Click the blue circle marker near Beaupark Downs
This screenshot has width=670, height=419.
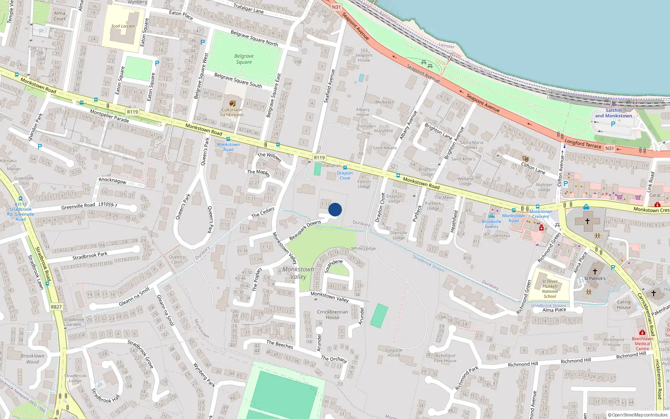[x=335, y=209]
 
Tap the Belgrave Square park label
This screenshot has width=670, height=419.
[x=244, y=59]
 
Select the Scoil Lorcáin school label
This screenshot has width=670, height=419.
[x=123, y=26]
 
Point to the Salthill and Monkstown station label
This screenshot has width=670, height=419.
[x=613, y=113]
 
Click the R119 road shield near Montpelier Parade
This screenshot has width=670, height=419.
[x=132, y=112]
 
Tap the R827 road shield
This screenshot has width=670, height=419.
[x=56, y=307]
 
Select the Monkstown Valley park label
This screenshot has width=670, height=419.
[x=298, y=273]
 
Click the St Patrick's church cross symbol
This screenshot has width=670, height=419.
[x=595, y=271]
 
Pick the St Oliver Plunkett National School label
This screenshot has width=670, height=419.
[x=549, y=289]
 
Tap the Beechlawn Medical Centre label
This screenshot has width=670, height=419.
[x=642, y=344]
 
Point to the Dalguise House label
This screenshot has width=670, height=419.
[x=394, y=352]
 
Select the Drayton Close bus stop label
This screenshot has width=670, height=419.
[x=345, y=176]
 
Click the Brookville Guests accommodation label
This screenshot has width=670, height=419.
[x=492, y=224]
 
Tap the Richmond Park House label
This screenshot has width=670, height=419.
[x=445, y=358]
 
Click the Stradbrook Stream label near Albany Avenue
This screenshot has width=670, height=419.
[x=428, y=263]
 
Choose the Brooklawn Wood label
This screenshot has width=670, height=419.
[x=32, y=359]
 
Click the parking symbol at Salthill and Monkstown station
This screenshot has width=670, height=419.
[x=613, y=124]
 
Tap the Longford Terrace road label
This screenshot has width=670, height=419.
[x=582, y=144]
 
